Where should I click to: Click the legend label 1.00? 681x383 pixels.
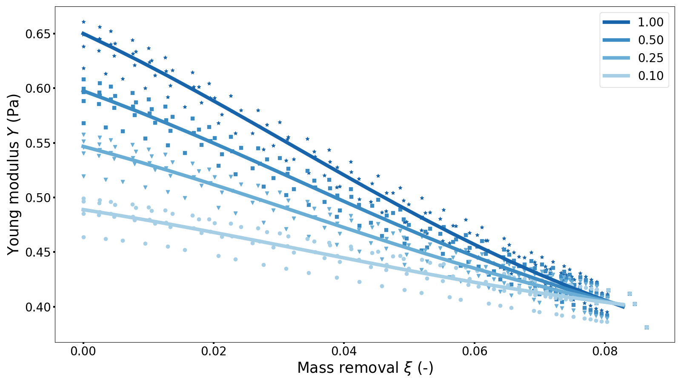650,22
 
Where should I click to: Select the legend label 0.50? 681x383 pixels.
650,40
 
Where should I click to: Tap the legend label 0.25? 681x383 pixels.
650,58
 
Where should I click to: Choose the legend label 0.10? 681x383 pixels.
650,76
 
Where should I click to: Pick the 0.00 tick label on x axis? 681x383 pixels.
83,352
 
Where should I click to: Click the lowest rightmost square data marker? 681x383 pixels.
647,327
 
